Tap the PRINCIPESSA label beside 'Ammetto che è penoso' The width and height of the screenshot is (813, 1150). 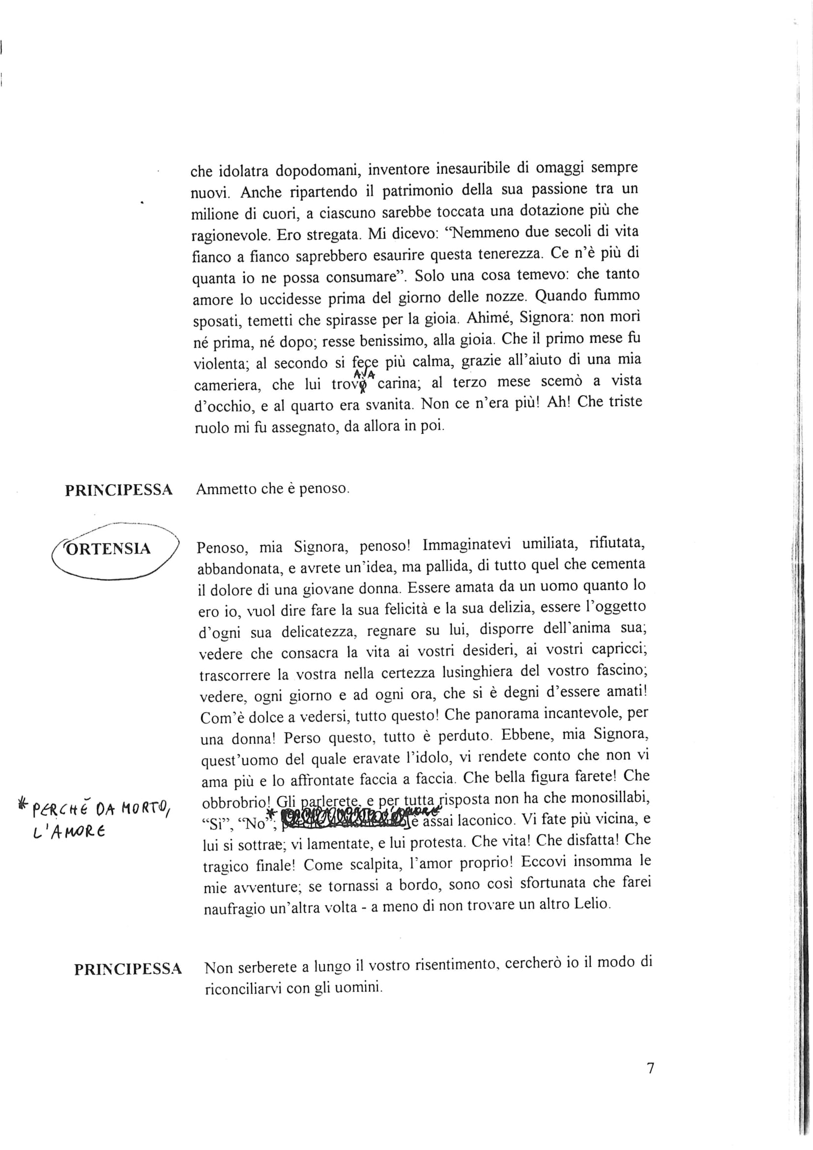coord(118,490)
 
